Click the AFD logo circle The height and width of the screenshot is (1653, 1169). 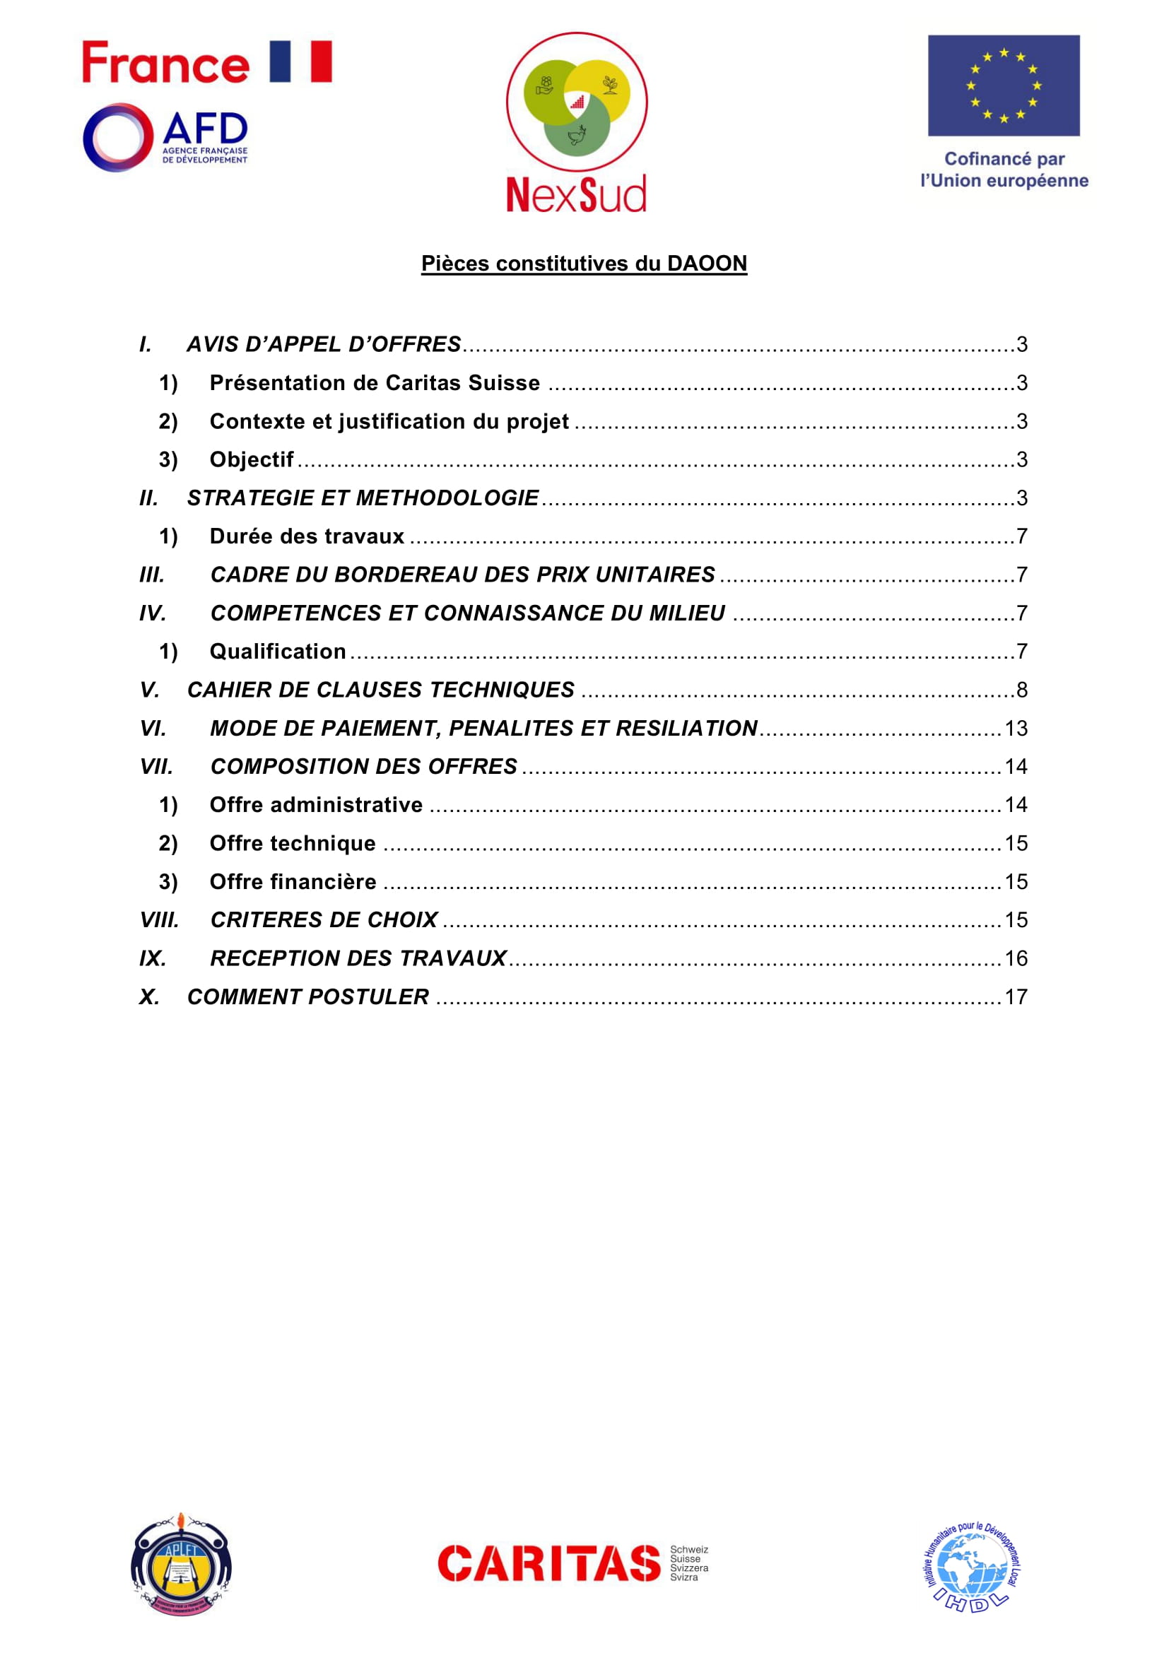tap(118, 138)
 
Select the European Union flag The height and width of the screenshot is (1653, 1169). tap(1004, 85)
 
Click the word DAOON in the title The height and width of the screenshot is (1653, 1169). tap(707, 264)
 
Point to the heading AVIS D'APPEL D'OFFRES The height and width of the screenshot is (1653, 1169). tap(324, 344)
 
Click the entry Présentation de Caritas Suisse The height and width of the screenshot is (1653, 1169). tap(375, 383)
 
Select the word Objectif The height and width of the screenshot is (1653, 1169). tap(251, 459)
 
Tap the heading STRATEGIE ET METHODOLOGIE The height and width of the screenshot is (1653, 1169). tap(363, 498)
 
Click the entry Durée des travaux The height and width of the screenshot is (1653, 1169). tap(307, 536)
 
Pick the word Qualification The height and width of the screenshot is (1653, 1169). tap(278, 652)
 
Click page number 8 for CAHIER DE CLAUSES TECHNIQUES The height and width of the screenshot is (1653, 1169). tap(1021, 690)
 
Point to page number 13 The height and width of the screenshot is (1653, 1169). tap(1016, 729)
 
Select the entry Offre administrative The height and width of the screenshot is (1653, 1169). tap(316, 805)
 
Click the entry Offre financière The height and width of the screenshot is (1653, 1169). tap(293, 882)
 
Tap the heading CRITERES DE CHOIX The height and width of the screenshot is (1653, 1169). tap(324, 920)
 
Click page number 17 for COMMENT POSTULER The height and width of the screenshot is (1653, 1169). tap(1016, 997)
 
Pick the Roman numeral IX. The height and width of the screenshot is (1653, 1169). tap(153, 958)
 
